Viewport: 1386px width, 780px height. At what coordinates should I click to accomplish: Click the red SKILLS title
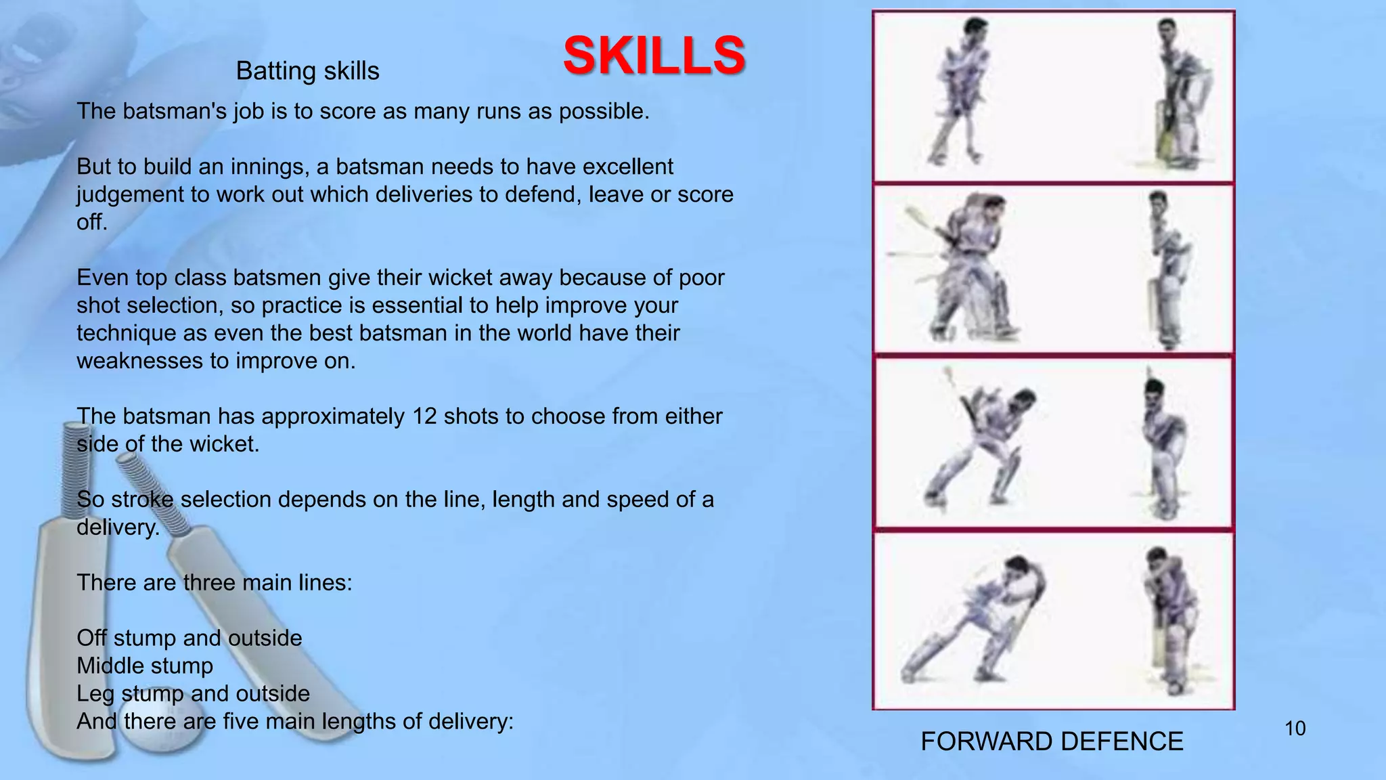(x=654, y=56)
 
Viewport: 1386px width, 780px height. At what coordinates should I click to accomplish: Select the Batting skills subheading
(x=307, y=71)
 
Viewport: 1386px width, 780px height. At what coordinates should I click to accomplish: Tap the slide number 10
(x=1295, y=729)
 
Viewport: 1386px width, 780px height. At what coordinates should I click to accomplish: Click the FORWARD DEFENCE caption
(x=1052, y=742)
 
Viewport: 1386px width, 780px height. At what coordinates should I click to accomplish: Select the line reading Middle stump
(x=145, y=666)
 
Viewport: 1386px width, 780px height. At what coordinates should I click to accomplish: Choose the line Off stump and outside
(x=189, y=638)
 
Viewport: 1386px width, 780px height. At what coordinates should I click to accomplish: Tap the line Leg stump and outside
(x=193, y=693)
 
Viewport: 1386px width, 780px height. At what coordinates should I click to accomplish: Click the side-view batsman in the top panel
(x=958, y=91)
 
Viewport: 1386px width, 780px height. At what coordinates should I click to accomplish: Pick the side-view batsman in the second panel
(x=968, y=267)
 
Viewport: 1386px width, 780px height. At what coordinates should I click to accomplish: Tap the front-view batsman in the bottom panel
(x=1167, y=620)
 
